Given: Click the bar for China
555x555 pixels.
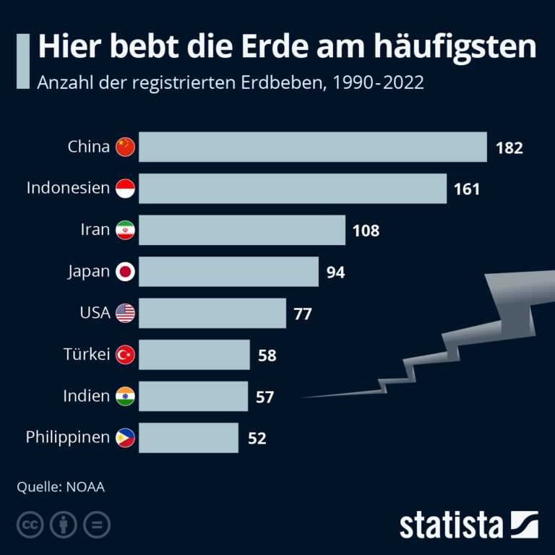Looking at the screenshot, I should tap(312, 147).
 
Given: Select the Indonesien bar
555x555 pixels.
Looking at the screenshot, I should tap(292, 189).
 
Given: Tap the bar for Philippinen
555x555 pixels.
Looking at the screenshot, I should tap(188, 437).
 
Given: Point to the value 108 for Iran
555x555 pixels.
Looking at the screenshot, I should tap(366, 231).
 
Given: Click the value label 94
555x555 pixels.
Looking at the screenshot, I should tap(335, 272).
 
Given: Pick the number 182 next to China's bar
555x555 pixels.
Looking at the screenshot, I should tap(509, 148).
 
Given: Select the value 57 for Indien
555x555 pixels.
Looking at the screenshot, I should tap(264, 397).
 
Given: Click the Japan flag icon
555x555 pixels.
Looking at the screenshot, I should tap(126, 272).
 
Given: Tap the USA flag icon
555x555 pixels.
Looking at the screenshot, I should tap(126, 313).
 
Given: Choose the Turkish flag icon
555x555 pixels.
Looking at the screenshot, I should tap(126, 355).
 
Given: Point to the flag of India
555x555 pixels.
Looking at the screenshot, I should tap(126, 396).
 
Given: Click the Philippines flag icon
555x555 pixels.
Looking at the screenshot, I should tap(126, 437).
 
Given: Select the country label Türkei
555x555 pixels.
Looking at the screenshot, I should tap(87, 354).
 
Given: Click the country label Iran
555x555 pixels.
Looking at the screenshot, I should tap(95, 231).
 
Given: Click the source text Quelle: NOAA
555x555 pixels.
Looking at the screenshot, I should tap(61, 486).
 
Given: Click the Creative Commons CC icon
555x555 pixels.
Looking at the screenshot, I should tap(28, 525).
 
